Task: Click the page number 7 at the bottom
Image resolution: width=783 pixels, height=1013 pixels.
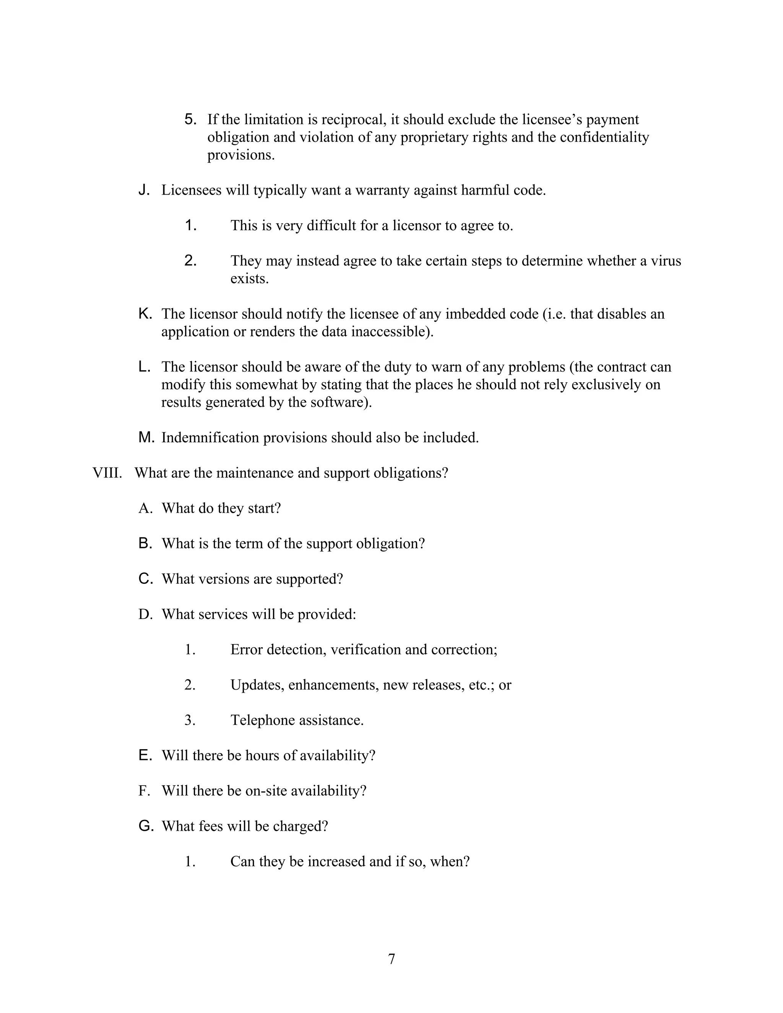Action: pyautogui.click(x=391, y=959)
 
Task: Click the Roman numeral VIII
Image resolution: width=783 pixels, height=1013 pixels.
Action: pyautogui.click(x=107, y=473)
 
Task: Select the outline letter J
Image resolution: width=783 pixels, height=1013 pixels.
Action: pyautogui.click(x=144, y=190)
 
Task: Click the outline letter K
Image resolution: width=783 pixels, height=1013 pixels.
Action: pyautogui.click(x=145, y=314)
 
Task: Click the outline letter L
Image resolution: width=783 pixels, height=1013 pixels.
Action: pyautogui.click(x=144, y=367)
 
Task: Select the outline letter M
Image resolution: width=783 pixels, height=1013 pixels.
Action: pyautogui.click(x=146, y=437)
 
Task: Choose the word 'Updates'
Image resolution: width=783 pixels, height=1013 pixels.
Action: pyautogui.click(x=257, y=685)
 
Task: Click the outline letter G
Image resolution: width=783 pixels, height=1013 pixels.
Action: pyautogui.click(x=146, y=826)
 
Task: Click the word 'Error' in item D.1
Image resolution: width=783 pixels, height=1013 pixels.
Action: pyautogui.click(x=246, y=650)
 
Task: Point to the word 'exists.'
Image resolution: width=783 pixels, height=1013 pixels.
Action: pyautogui.click(x=249, y=279)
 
